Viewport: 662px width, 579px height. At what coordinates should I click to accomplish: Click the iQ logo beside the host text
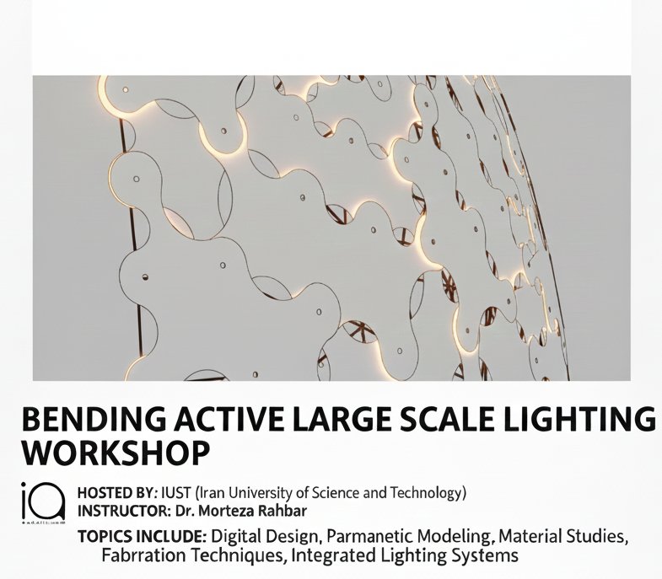(x=42, y=501)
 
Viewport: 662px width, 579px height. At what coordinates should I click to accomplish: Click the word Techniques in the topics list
(x=225, y=556)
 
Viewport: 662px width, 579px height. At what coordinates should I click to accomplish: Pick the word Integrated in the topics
(x=320, y=556)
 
